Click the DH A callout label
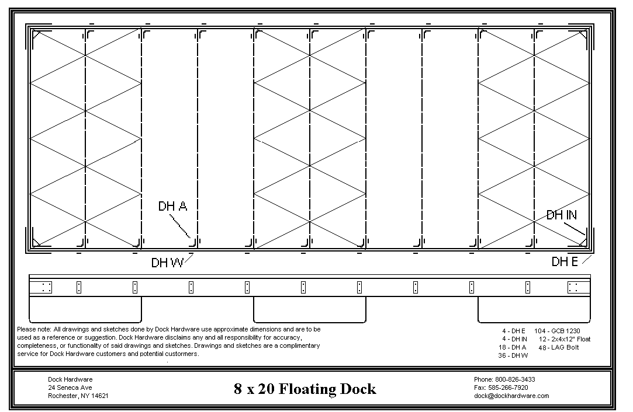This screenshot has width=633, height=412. (172, 207)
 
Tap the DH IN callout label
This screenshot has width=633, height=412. (562, 215)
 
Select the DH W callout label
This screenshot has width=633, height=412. (167, 263)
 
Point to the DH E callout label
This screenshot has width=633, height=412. (565, 261)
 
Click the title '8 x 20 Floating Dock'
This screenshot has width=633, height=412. (305, 389)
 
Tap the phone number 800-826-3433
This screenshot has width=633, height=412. (515, 379)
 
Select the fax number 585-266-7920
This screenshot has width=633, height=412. (508, 387)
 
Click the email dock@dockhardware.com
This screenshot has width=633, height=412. (511, 396)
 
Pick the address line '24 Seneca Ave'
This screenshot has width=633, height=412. (70, 387)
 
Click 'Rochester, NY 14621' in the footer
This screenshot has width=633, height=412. (78, 396)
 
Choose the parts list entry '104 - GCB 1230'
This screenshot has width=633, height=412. (557, 331)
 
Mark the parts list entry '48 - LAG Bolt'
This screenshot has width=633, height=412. (559, 347)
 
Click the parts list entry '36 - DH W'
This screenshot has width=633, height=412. (513, 355)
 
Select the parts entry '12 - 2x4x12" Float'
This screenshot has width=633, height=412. (565, 339)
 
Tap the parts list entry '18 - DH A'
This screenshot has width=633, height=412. (512, 347)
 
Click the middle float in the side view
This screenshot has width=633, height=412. (310, 310)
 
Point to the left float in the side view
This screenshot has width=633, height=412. (85, 310)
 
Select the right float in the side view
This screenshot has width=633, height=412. (534, 310)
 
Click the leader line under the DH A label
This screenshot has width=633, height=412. (179, 226)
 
